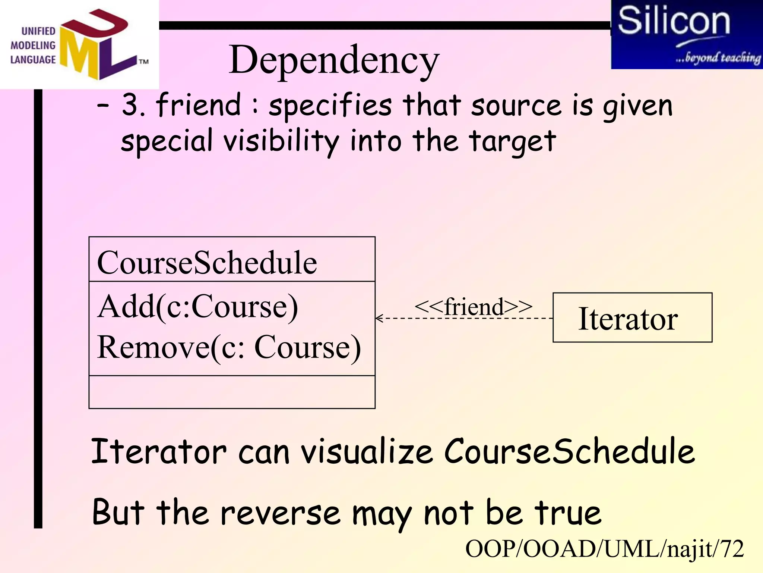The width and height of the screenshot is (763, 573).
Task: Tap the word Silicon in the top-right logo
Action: pyautogui.click(x=674, y=21)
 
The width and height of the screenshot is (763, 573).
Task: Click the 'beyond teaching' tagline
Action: pyautogui.click(x=718, y=58)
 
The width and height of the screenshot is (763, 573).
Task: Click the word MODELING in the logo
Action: pyautogui.click(x=33, y=46)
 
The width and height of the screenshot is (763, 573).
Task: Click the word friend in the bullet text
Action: pyautogui.click(x=199, y=105)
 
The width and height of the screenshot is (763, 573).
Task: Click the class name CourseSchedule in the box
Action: pyautogui.click(x=207, y=263)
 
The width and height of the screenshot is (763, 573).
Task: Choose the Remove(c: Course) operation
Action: pyautogui.click(x=229, y=347)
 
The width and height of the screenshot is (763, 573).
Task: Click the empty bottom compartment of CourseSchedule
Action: pyautogui.click(x=232, y=392)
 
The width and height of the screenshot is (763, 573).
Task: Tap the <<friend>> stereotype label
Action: pyautogui.click(x=473, y=307)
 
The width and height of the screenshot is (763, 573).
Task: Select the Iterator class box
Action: pyautogui.click(x=632, y=318)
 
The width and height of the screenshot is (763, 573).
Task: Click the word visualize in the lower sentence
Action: pyautogui.click(x=367, y=452)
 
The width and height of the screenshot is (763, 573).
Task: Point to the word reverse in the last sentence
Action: pyautogui.click(x=280, y=513)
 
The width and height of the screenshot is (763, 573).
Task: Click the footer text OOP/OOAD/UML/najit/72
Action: pyautogui.click(x=604, y=549)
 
